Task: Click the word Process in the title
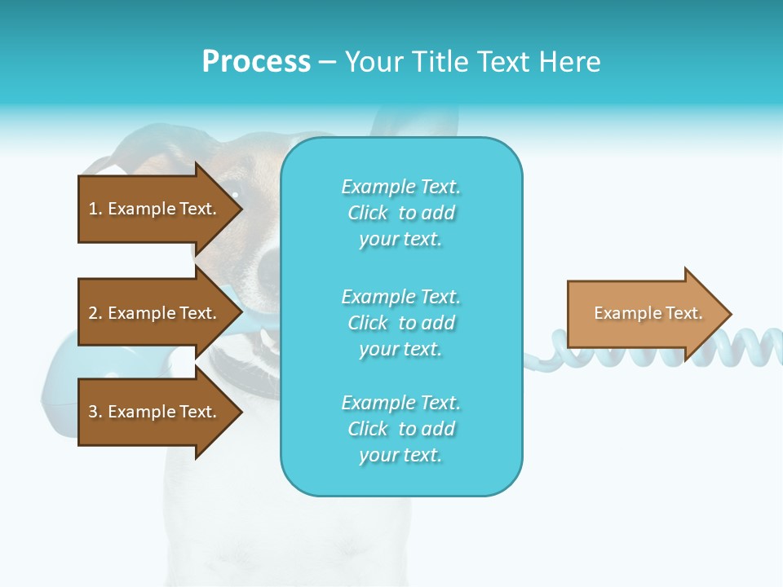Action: click(x=256, y=62)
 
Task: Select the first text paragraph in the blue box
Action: click(x=400, y=213)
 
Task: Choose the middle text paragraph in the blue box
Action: click(x=400, y=323)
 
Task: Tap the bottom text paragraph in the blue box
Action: click(x=400, y=429)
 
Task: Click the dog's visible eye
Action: click(x=235, y=194)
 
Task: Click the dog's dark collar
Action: click(x=245, y=375)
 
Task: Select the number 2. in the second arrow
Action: click(x=95, y=313)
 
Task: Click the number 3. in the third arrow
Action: click(x=95, y=412)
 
